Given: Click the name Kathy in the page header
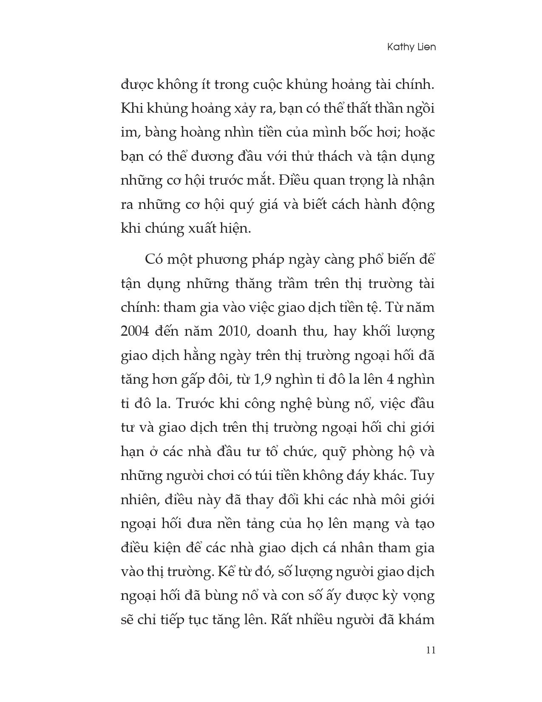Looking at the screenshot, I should coord(400,47).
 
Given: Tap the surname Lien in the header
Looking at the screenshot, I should coord(426,47).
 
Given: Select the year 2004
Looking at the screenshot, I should coord(135,331).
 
